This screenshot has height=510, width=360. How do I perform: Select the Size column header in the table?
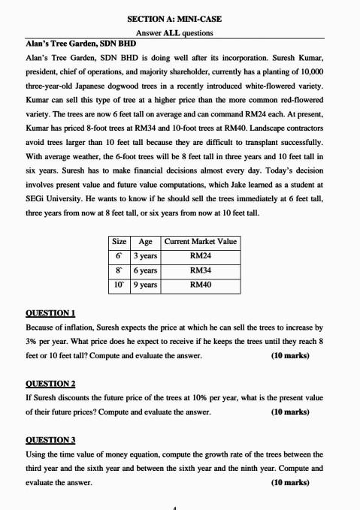[119, 241]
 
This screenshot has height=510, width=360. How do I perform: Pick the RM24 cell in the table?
[200, 255]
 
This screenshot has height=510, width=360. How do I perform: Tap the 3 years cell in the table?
[145, 255]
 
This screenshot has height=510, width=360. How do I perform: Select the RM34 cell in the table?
[200, 270]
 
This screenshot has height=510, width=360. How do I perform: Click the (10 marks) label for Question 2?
[289, 412]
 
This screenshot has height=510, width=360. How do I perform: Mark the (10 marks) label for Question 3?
[289, 482]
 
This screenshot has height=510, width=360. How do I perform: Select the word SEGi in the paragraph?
[38, 199]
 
